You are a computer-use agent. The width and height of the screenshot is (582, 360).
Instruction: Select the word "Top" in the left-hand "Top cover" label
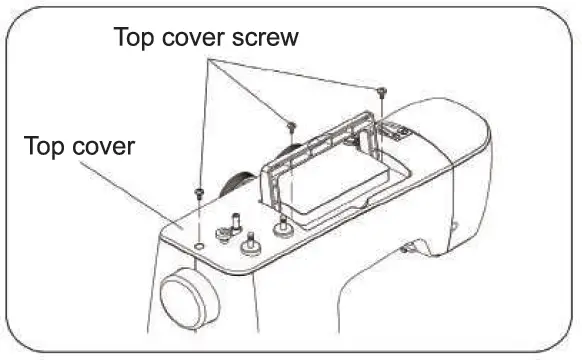pos(47,148)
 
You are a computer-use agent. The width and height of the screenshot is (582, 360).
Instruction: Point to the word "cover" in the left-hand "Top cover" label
pos(106,148)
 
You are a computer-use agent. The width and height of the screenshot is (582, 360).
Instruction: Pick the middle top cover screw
pos(291,127)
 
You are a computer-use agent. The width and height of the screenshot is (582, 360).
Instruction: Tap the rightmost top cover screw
pos(382,91)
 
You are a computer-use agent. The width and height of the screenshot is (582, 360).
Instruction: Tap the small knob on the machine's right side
pos(407,244)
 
